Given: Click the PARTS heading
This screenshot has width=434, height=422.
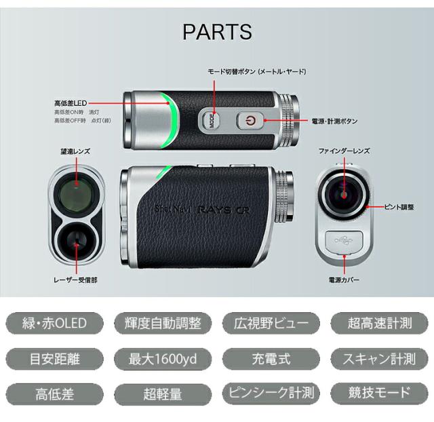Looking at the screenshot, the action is click(217, 32).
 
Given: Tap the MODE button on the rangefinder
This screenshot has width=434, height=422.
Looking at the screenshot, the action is click(211, 121).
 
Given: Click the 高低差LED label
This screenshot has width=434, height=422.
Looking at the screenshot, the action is click(71, 103).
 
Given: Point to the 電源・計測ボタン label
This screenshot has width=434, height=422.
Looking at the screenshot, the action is click(334, 121).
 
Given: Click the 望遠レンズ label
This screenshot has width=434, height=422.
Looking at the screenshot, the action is click(75, 151).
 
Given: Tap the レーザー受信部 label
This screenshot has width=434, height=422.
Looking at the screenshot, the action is click(75, 280).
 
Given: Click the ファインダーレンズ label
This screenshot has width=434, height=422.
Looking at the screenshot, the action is click(344, 151).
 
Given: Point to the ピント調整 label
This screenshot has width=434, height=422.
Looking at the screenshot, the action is click(399, 207).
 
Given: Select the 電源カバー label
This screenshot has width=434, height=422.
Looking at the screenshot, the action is click(344, 280).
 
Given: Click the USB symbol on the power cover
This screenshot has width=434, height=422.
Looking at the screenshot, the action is click(343, 240).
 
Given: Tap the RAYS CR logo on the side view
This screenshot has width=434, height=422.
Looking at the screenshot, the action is click(224, 210).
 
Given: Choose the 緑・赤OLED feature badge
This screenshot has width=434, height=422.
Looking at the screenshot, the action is click(54, 323).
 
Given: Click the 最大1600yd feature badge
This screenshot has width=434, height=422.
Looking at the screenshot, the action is click(163, 359).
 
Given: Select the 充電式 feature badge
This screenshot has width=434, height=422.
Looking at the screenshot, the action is click(271, 359).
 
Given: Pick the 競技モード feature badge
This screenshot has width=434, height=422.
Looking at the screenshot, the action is click(379, 394).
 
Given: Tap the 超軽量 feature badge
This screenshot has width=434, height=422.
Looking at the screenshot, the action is click(163, 394).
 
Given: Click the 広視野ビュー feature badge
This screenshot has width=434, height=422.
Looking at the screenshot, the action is click(271, 323).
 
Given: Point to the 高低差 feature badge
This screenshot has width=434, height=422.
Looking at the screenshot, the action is click(54, 394).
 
